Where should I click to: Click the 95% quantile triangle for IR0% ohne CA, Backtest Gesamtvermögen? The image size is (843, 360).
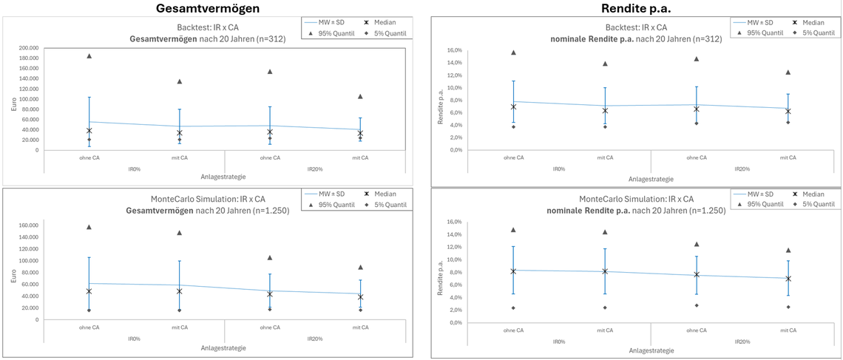point(89,56)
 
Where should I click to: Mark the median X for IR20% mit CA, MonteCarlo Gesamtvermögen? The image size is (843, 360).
point(360,297)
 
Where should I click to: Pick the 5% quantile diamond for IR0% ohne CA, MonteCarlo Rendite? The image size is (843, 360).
point(514,308)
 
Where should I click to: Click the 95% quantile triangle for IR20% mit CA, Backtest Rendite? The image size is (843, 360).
point(788,72)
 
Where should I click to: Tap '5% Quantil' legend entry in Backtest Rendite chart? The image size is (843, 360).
point(816,33)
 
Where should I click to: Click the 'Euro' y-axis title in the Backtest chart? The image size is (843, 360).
point(13,103)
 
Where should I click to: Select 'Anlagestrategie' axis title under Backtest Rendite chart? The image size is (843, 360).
point(651,178)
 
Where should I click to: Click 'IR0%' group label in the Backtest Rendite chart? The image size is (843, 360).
point(559,168)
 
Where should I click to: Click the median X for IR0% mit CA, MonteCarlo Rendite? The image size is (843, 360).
point(605,271)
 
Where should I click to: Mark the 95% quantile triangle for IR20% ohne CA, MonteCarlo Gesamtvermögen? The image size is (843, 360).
point(269,257)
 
